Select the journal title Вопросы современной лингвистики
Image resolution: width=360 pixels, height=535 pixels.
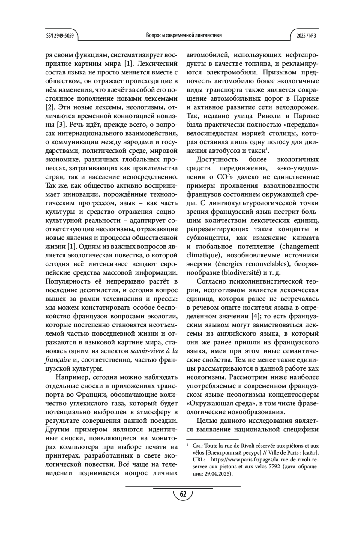[184, 35]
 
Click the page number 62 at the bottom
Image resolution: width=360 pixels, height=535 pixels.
[183, 494]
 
